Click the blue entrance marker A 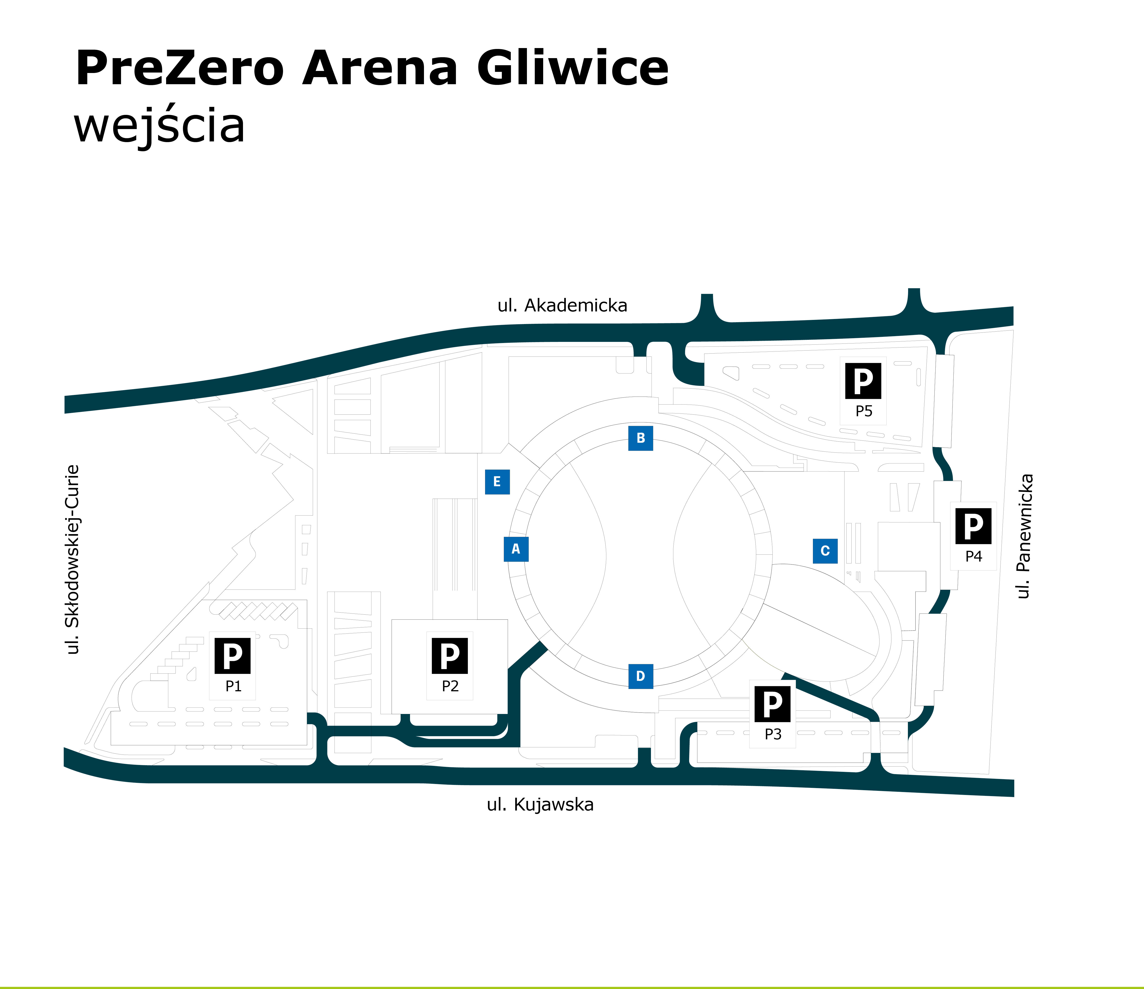tap(516, 549)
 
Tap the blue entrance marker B tap(640, 438)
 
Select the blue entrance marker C tap(825, 551)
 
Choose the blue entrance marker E tap(497, 481)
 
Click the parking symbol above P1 tap(232, 655)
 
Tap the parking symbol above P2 tap(450, 655)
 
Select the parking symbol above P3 tap(772, 703)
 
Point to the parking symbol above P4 tap(973, 526)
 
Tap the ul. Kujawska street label tap(540, 805)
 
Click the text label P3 tap(773, 735)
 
